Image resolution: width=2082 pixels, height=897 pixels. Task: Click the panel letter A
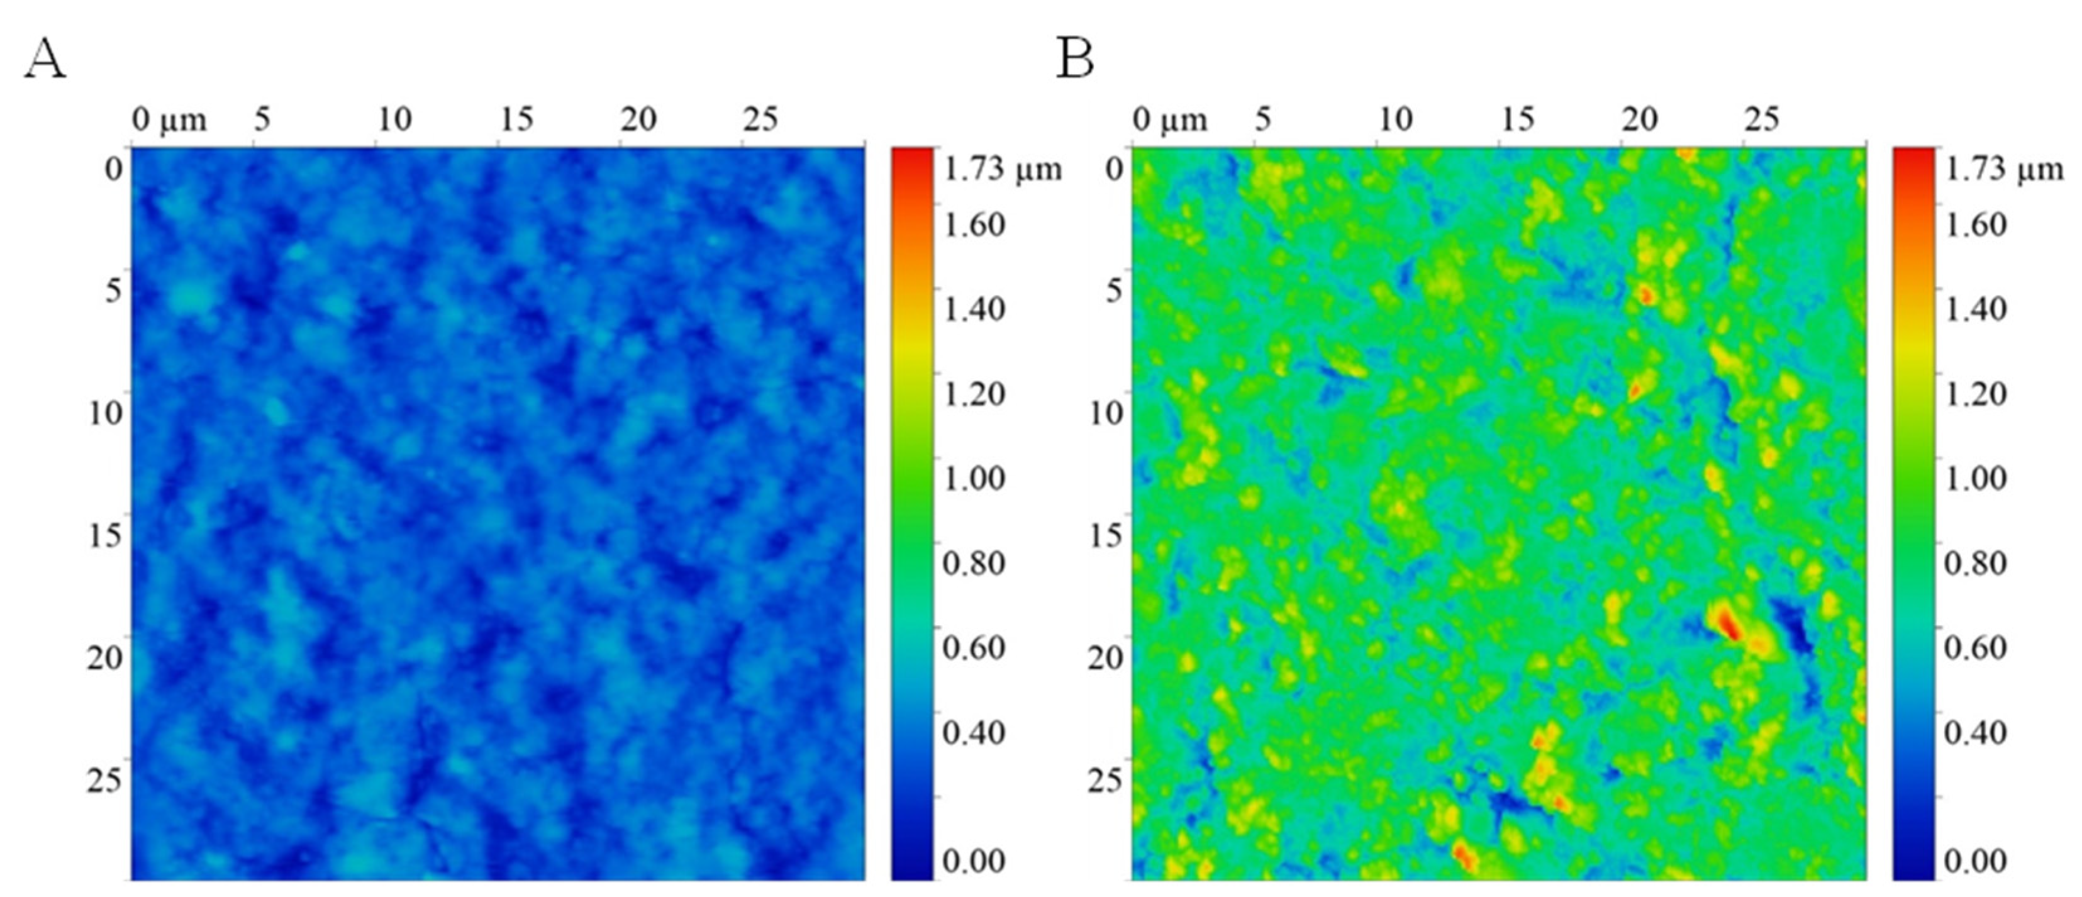(x=45, y=60)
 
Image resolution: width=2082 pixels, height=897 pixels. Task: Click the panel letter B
(x=1075, y=60)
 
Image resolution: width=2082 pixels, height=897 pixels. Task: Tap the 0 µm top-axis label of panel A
(x=169, y=120)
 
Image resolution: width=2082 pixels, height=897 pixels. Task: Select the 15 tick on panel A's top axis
(x=516, y=120)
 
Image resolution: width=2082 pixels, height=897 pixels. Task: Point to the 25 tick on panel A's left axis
(x=104, y=781)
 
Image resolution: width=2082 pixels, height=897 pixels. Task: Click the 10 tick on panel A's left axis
(x=104, y=414)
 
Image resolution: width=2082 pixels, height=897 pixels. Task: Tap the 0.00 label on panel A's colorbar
(x=974, y=861)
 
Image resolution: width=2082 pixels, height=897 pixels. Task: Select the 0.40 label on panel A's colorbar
(x=974, y=732)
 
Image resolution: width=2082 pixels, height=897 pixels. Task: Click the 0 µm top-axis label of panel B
(x=1169, y=120)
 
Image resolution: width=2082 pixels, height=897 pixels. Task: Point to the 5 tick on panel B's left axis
(x=1115, y=291)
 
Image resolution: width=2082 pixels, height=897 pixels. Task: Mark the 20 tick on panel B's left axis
(x=1106, y=659)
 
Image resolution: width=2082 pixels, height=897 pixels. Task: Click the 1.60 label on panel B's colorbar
(x=1975, y=225)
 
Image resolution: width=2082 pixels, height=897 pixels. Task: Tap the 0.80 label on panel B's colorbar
(x=1975, y=562)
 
